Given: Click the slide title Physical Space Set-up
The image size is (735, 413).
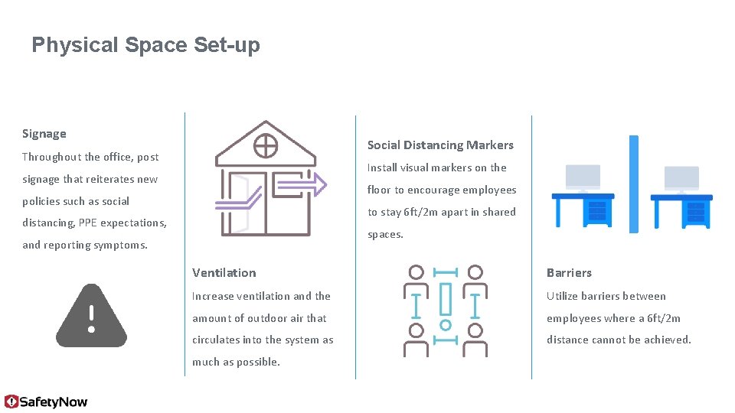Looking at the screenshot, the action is coord(145,45).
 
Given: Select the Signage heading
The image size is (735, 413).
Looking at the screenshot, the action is coord(44,134).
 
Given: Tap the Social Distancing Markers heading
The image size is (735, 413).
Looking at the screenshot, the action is coord(440,145).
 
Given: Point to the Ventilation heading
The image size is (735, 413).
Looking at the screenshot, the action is coord(224,272).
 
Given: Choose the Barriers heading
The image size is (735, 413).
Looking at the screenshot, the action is coord(569,272).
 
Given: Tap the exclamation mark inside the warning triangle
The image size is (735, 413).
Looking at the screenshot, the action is coord(91,318).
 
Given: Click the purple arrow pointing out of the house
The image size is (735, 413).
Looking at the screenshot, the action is coord(299,184).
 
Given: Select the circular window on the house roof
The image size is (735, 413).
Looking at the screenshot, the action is coord(265,144).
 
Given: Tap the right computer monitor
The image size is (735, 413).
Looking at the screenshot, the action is coord(681,178).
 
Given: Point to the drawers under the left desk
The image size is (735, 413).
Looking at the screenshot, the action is coord(598,211).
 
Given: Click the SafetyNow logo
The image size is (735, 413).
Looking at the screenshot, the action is coord(46,402).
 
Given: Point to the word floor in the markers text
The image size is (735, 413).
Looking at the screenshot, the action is coord(379,190).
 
